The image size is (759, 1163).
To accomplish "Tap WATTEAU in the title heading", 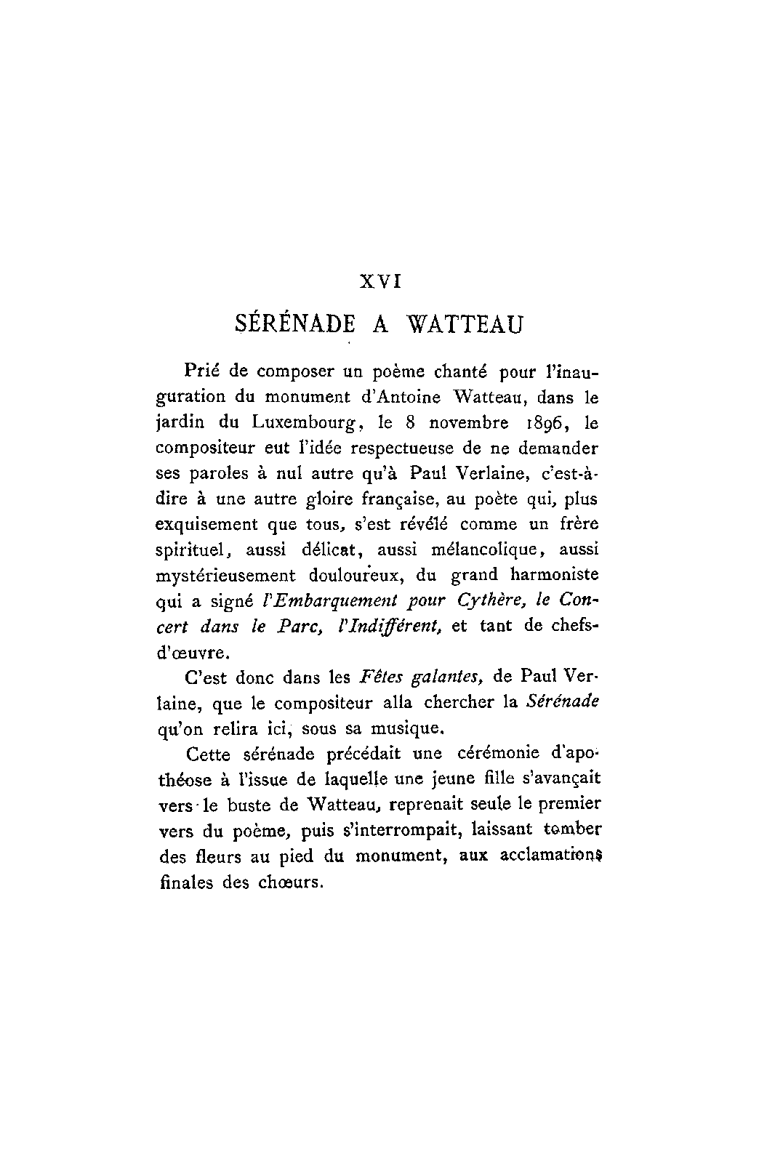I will (x=464, y=323).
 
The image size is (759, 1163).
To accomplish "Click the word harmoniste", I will (x=554, y=575).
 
